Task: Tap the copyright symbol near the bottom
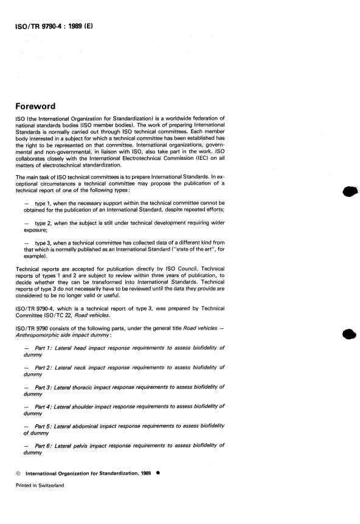point(18,472)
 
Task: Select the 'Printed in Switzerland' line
point(40,486)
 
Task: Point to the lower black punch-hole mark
point(349,334)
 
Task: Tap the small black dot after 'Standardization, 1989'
point(158,472)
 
